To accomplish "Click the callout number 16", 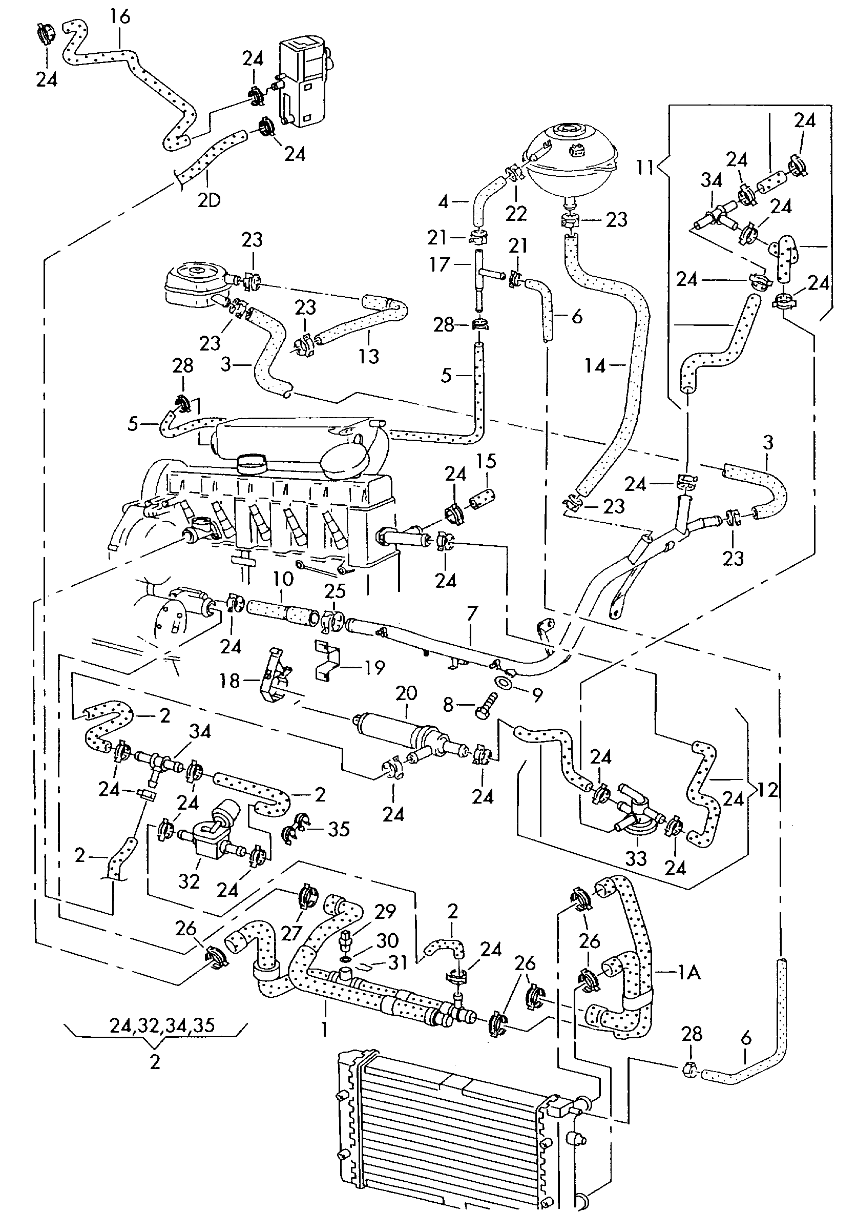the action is point(120,16).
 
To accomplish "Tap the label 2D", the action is point(209,200).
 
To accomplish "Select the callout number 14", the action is point(596,365).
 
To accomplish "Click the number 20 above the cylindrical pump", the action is point(406,693).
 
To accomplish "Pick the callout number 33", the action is point(636,858).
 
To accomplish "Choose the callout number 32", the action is point(189,881).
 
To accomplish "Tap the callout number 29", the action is point(385,912).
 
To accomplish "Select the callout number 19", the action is point(374,668).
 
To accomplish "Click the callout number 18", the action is point(230,681).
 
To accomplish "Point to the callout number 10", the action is point(283,579).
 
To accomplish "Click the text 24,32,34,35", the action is point(162,1024).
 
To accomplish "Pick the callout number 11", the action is point(644,168).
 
